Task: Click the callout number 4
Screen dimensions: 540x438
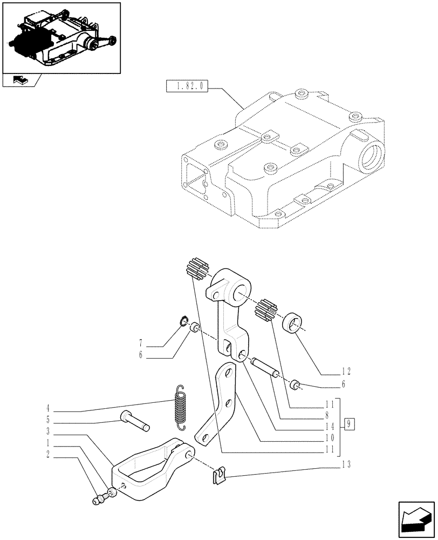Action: click(x=48, y=408)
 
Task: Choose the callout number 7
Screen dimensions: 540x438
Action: click(x=140, y=342)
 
